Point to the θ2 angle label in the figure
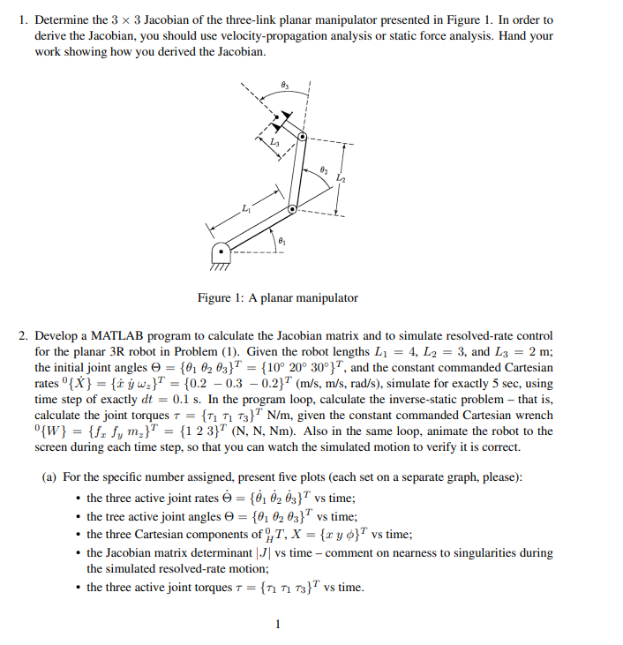click(x=324, y=169)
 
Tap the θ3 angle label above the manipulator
click(x=283, y=82)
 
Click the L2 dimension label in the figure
click(x=341, y=179)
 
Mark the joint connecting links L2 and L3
click(x=303, y=138)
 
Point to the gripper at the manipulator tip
click(x=279, y=118)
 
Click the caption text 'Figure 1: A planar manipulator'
click(x=277, y=297)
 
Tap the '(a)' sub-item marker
click(x=51, y=477)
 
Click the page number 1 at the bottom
click(x=278, y=626)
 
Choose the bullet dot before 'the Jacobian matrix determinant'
click(x=79, y=554)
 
